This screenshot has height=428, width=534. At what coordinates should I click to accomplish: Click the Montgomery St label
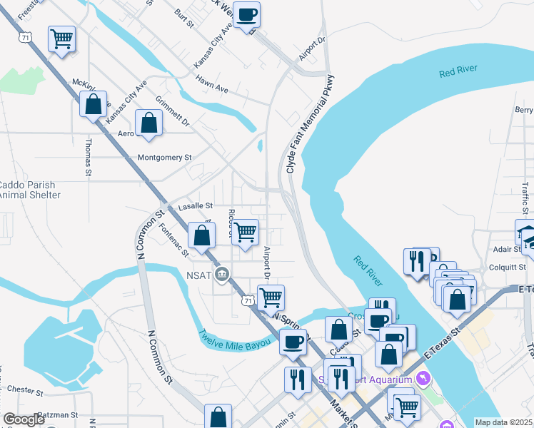tap(165, 157)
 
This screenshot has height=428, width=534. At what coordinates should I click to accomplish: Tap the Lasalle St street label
tap(196, 205)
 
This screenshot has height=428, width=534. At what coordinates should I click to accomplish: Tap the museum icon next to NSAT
tap(222, 274)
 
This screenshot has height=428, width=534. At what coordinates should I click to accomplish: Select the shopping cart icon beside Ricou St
tap(245, 232)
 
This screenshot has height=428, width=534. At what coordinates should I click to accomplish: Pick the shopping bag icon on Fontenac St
tap(203, 235)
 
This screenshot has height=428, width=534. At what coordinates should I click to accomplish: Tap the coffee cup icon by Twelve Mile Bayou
tap(292, 342)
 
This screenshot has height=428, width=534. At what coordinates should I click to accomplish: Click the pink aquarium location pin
tap(427, 377)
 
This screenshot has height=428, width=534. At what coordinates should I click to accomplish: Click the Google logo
tap(23, 419)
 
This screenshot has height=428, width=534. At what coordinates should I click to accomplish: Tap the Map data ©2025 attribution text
tap(504, 422)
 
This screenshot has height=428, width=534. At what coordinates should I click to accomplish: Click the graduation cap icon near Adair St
tap(527, 233)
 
